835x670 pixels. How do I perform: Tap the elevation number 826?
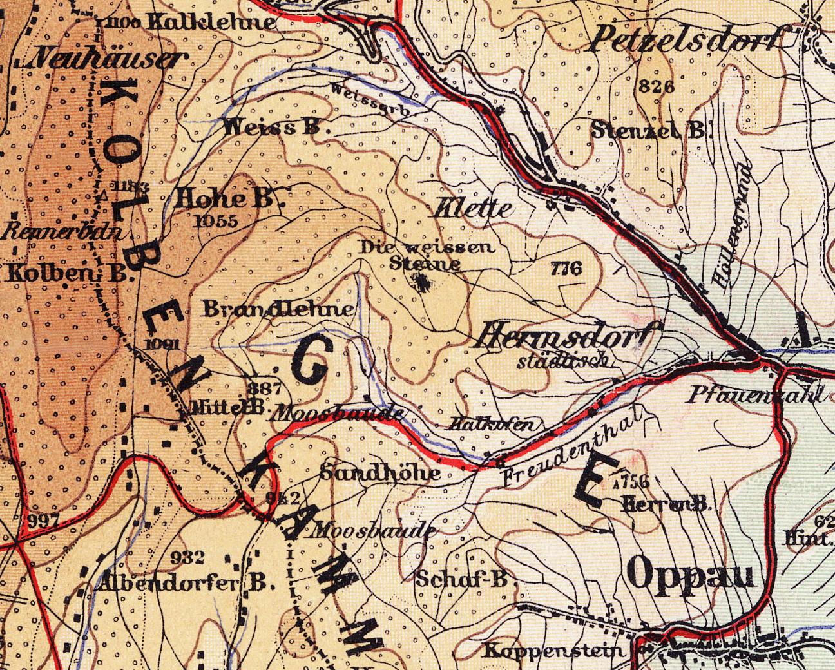click(657, 87)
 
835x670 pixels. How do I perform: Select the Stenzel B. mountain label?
click(649, 130)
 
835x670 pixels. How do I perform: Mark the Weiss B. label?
click(273, 128)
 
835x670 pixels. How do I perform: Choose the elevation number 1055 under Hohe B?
click(215, 221)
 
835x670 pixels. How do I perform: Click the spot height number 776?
click(566, 269)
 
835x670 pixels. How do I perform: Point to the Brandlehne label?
click(279, 310)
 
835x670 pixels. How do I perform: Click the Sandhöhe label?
click(380, 474)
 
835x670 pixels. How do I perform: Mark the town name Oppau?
click(690, 573)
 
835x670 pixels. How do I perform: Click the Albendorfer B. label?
click(187, 583)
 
